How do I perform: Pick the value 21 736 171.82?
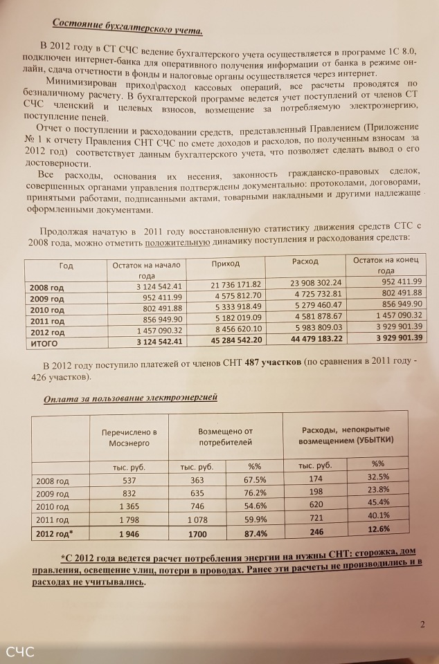tap(232, 286)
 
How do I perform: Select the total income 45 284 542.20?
tap(232, 340)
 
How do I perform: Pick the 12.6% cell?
tap(379, 530)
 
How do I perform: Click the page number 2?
tap(422, 626)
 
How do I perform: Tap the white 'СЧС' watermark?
tap(21, 651)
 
